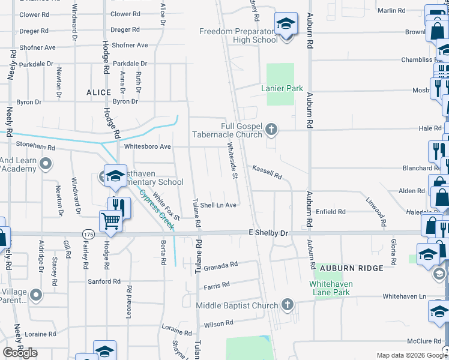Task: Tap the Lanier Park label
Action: [x=282, y=88]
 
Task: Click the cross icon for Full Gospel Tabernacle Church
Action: [x=272, y=129]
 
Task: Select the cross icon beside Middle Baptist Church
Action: [x=288, y=305]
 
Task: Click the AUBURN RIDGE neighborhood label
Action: [x=351, y=268]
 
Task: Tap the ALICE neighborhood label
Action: [x=98, y=92]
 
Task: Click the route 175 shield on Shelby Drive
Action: [x=88, y=233]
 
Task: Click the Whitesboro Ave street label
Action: [x=147, y=146]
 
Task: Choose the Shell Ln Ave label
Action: [x=218, y=205]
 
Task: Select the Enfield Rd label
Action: [x=331, y=212]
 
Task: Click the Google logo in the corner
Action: [x=20, y=353]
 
